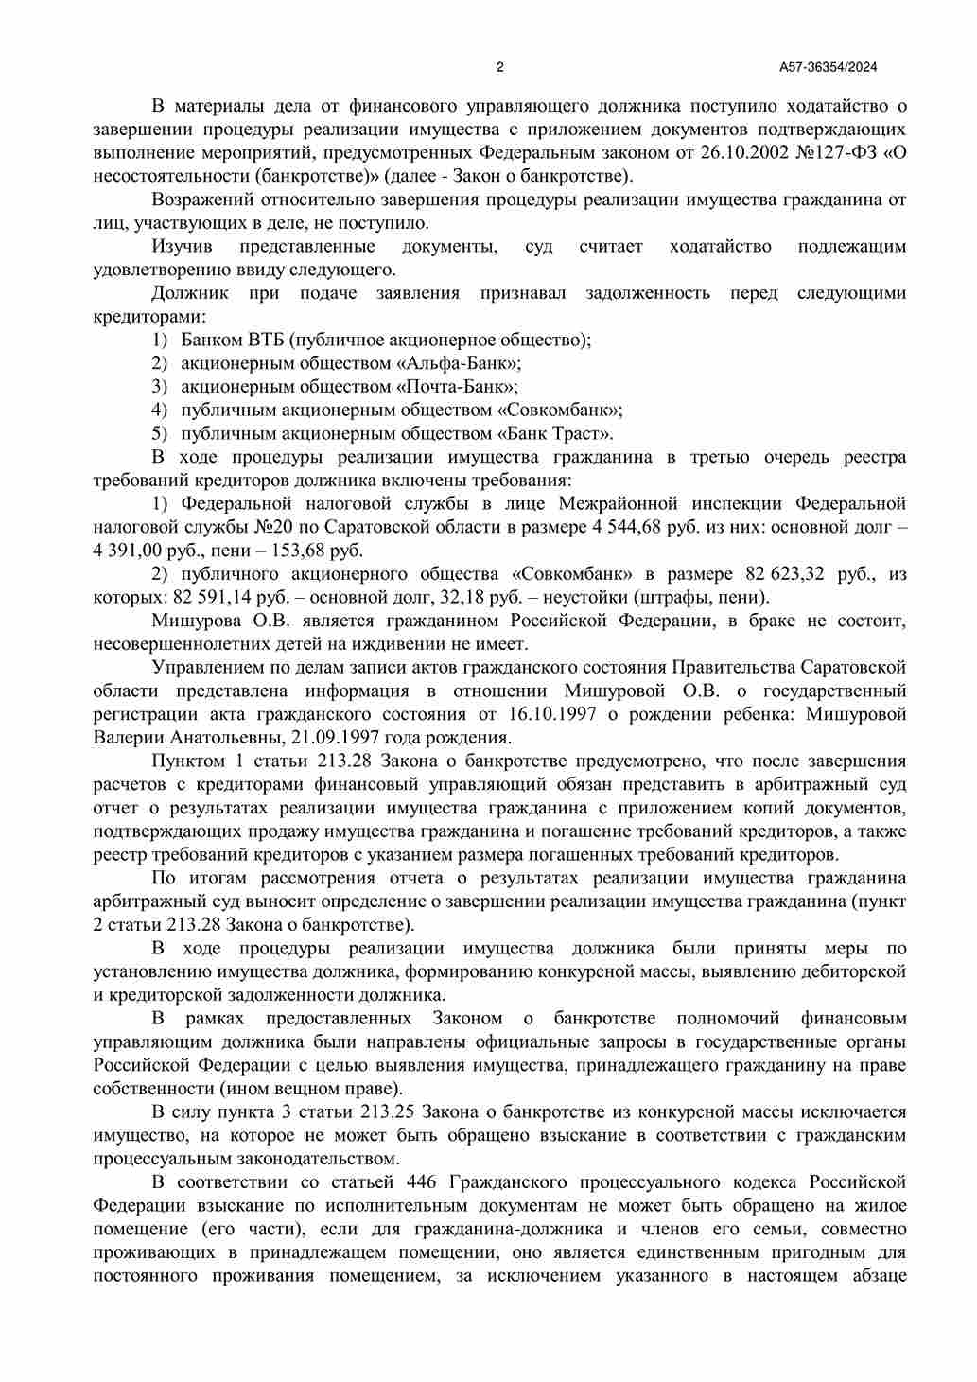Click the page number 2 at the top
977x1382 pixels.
pos(499,67)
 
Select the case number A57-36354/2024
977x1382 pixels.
pos(828,67)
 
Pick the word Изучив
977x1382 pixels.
pos(183,247)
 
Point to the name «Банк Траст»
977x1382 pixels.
pos(554,434)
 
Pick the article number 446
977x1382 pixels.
pos(421,1182)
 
